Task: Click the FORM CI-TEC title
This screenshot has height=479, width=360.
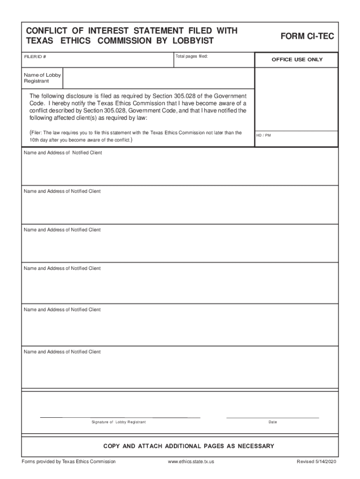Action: coord(307,36)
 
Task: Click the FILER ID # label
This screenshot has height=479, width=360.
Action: coord(35,57)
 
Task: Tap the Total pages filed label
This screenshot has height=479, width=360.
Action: coord(191,57)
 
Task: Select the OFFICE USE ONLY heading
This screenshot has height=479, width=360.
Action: coord(297,60)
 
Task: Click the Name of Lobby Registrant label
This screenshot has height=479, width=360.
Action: coord(42,78)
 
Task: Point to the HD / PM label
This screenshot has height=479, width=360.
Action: coord(263,135)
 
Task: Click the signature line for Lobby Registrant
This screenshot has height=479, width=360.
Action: coord(120,416)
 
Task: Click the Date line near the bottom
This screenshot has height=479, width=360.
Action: coord(273,417)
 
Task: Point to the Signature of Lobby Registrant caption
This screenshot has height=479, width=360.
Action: coord(119,422)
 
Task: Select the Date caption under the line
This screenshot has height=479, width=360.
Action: coord(273,422)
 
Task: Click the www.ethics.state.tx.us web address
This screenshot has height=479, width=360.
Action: coord(191,462)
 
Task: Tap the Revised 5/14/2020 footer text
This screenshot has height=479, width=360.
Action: coord(316,462)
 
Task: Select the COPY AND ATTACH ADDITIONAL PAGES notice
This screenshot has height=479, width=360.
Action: coord(188,446)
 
